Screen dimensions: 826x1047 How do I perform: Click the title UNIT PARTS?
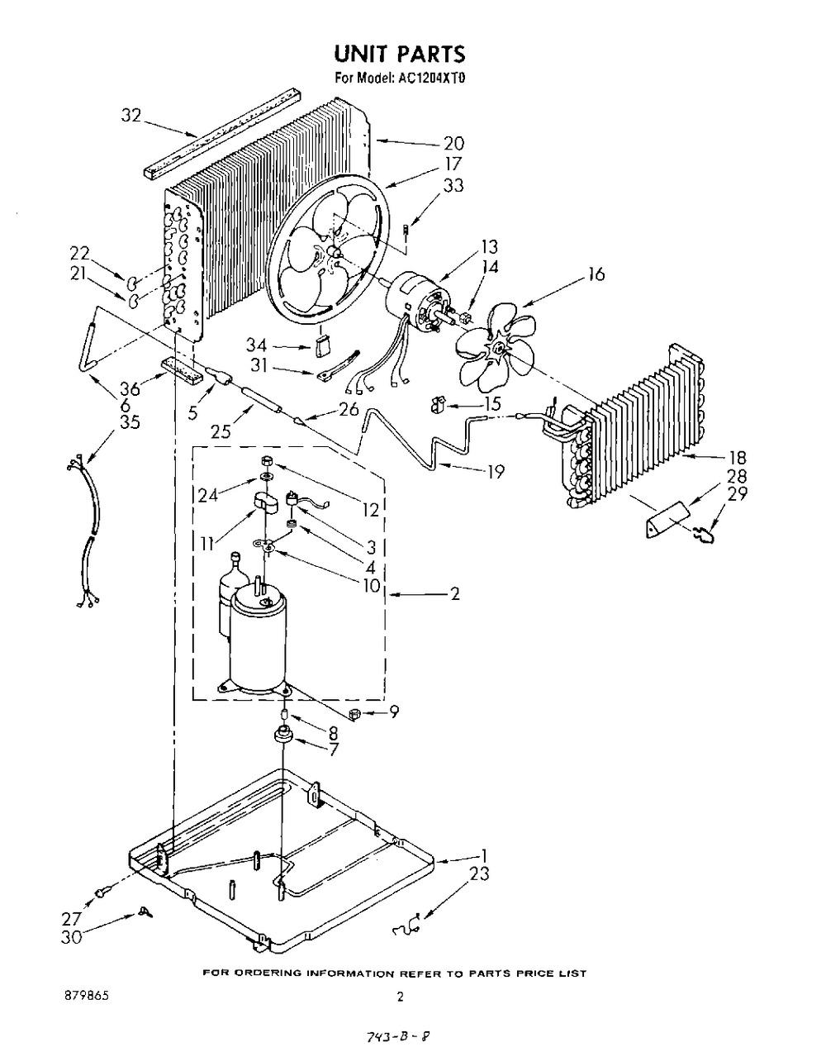click(x=400, y=54)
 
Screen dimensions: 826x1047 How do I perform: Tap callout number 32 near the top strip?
click(x=131, y=116)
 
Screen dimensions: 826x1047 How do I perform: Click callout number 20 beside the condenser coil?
click(x=453, y=144)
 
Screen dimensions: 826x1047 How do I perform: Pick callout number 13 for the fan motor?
click(x=489, y=247)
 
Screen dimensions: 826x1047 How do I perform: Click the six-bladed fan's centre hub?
click(x=497, y=347)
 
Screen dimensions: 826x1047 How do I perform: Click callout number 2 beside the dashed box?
click(x=455, y=594)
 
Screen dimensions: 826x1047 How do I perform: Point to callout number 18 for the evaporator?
click(x=738, y=457)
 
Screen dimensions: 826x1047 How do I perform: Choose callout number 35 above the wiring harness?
click(x=130, y=422)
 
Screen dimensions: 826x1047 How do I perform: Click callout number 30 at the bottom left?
click(x=72, y=938)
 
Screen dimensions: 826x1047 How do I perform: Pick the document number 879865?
click(x=87, y=996)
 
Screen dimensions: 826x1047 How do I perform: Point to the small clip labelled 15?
click(x=436, y=405)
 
